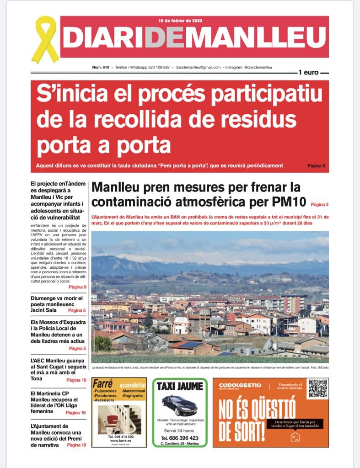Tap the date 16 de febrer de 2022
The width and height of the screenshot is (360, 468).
coord(181,21)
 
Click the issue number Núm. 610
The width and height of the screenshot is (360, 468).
coord(100,67)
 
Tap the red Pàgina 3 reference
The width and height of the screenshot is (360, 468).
coord(320,204)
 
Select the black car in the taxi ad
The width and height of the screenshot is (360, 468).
coord(179,404)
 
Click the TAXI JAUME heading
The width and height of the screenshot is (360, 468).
coord(180,386)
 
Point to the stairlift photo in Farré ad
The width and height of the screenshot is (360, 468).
coord(119,419)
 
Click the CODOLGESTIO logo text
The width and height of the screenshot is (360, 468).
coord(240,385)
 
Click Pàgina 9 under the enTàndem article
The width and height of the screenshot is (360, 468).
coord(77,287)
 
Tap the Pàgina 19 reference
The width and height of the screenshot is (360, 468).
coord(76,445)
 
